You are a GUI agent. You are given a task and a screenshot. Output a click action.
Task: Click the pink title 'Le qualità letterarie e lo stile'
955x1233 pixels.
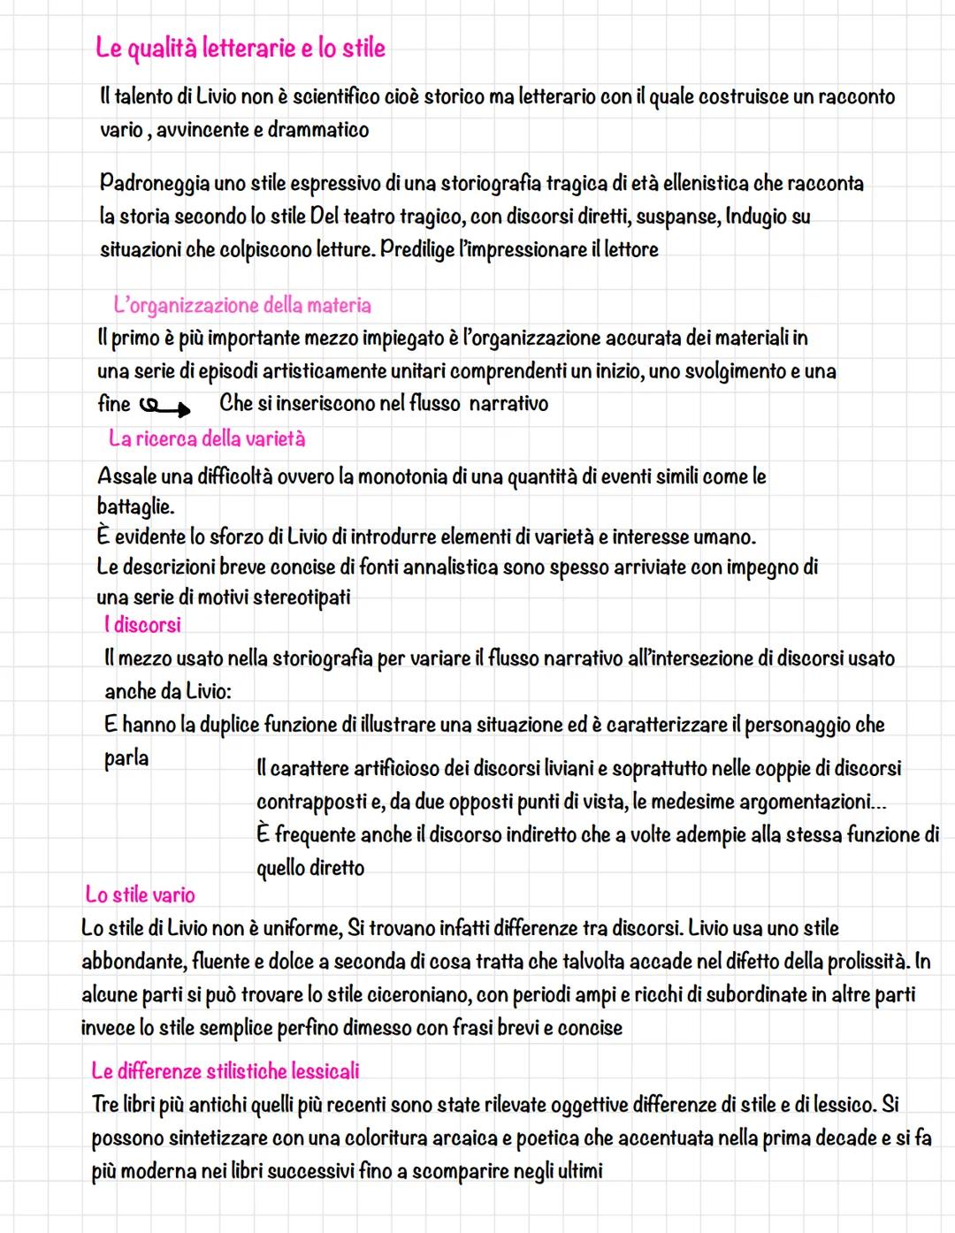point(241,48)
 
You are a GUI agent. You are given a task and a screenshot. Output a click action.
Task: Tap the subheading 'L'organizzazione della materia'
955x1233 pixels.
point(242,306)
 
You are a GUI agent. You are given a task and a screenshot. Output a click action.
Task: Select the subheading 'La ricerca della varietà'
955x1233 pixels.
point(207,438)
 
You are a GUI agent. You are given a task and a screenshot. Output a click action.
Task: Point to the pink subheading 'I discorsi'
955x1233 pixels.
point(142,625)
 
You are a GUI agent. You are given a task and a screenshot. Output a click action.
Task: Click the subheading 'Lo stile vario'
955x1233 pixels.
point(140,894)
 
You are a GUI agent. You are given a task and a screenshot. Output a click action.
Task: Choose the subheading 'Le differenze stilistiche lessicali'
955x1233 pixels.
point(225,1071)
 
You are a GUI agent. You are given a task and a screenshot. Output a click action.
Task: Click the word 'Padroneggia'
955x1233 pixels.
point(155,184)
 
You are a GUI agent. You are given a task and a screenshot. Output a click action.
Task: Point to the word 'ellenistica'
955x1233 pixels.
point(701,184)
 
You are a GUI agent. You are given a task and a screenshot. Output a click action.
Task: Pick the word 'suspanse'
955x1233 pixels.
point(678,217)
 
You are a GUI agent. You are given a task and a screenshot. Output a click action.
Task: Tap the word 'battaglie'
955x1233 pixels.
point(134,508)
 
